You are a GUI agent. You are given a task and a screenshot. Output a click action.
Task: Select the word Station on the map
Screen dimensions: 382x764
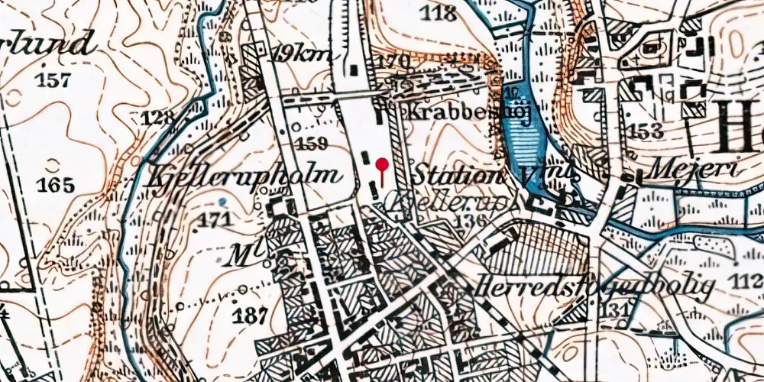[x=455, y=175]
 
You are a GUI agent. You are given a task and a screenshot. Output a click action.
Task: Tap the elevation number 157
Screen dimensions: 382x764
[x=54, y=80]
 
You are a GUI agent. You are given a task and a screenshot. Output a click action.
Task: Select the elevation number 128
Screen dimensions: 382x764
[x=157, y=118]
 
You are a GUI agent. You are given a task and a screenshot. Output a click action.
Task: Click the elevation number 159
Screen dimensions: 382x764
[x=312, y=143]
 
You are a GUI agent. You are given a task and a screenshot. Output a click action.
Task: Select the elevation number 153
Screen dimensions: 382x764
[x=646, y=131]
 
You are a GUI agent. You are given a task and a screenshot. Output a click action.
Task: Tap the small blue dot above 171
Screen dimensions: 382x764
[x=222, y=201]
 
